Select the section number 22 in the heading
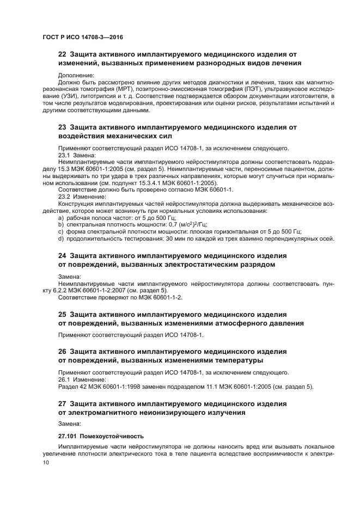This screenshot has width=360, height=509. click(62, 54)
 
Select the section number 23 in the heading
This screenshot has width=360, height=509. click(62, 127)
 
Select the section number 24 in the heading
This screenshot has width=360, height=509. click(62, 255)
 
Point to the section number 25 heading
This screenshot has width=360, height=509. click(62, 314)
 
